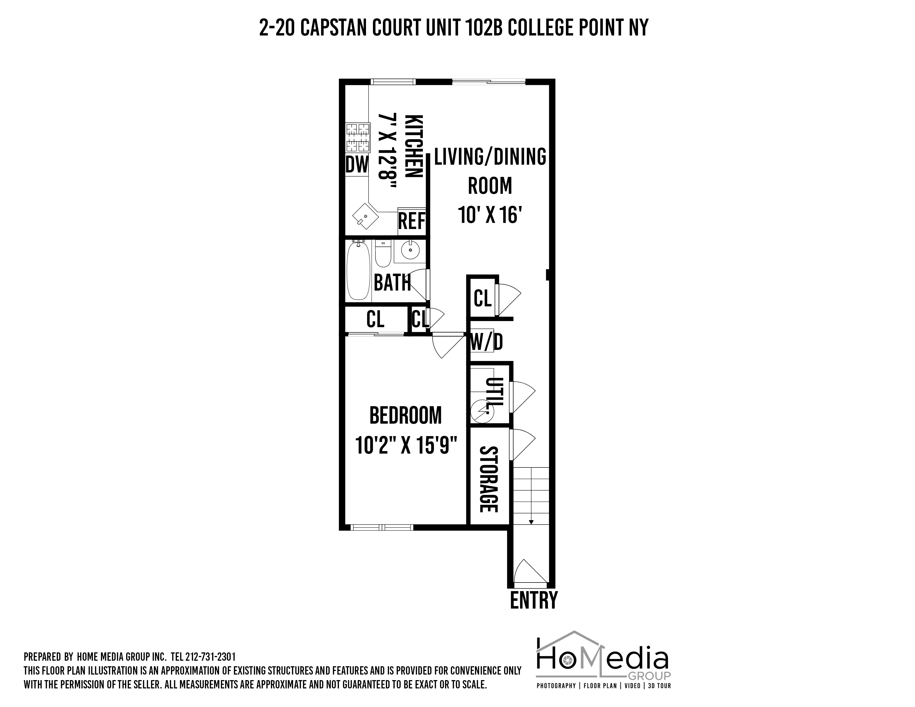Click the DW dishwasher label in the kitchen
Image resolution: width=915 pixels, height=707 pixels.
357,165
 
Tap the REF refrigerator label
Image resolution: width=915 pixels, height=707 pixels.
411,221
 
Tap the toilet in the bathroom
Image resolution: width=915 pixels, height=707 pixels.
383,253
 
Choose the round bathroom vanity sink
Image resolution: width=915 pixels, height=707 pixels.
410,250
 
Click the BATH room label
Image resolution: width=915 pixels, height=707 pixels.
392,283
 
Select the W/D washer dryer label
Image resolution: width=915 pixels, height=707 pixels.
486,342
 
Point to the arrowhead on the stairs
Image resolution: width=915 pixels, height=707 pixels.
531,522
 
